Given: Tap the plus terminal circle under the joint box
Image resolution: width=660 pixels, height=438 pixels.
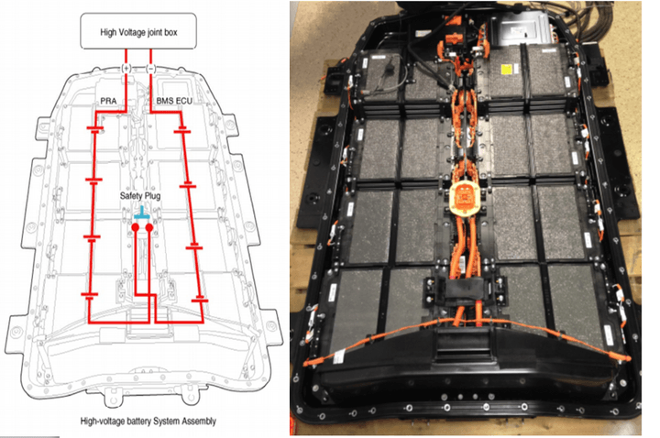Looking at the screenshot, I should point(126,67).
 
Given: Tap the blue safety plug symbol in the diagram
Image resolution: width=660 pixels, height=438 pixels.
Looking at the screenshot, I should point(140,211).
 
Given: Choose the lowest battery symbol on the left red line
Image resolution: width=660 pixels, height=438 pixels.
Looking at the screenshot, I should point(89,295).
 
